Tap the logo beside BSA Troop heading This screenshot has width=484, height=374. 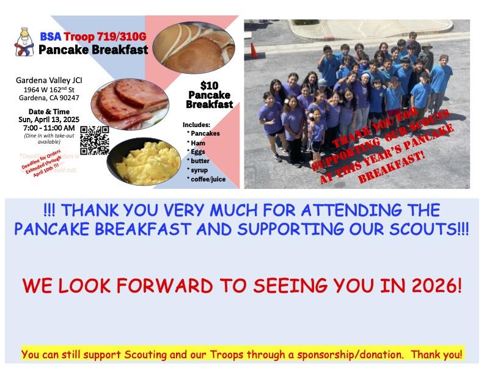(x=24, y=42)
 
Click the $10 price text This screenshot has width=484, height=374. (x=209, y=85)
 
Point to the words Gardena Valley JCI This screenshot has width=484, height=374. (x=49, y=80)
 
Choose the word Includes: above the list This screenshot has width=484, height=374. (x=196, y=125)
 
